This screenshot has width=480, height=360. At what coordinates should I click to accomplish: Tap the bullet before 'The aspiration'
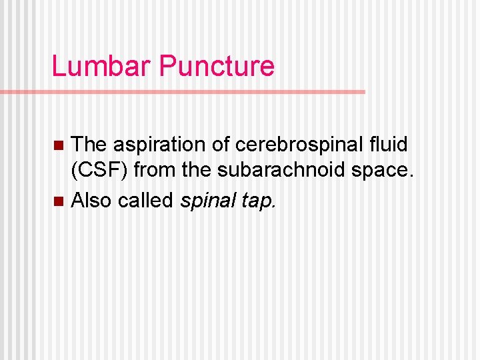(x=58, y=145)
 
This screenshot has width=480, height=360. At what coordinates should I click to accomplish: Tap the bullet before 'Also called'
(x=58, y=201)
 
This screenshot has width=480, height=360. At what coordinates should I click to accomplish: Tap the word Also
(x=91, y=200)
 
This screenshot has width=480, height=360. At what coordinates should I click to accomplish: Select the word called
(x=145, y=200)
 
